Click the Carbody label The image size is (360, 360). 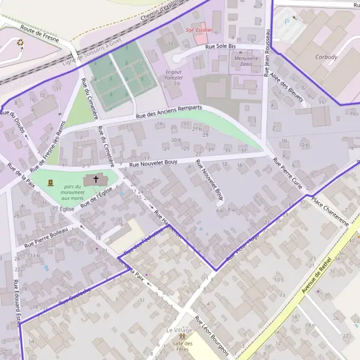pyautogui.click(x=326, y=58)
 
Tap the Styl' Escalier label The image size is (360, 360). pyautogui.click(x=200, y=29)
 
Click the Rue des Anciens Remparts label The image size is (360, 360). pyautogui.click(x=169, y=112)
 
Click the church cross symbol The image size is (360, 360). pyautogui.click(x=96, y=179)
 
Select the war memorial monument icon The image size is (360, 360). pyautogui.click(x=50, y=182)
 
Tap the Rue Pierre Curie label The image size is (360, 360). pyautogui.click(x=287, y=173)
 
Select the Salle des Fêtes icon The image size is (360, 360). pyautogui.click(x=180, y=337)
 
